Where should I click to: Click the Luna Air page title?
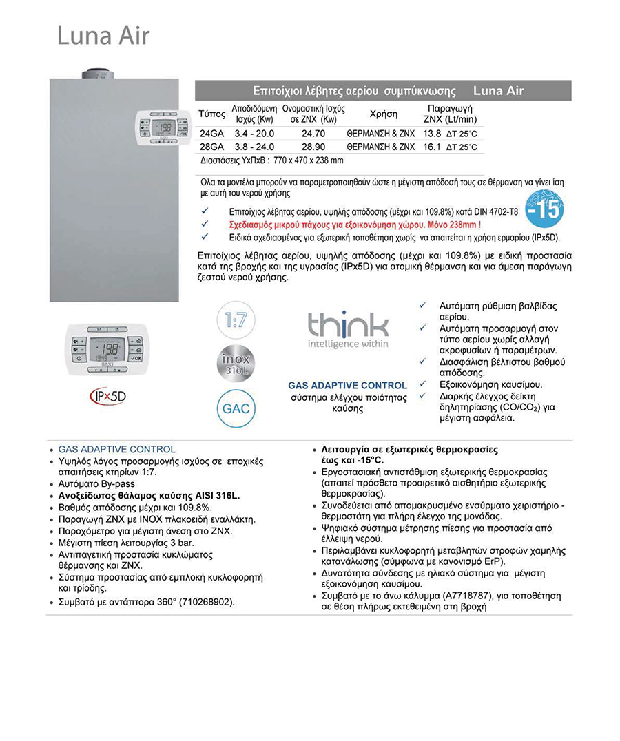pyautogui.click(x=103, y=36)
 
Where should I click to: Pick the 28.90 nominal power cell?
pyautogui.click(x=313, y=147)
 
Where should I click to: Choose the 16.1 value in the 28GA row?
pyautogui.click(x=431, y=147)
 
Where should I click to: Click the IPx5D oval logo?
pyautogui.click(x=108, y=397)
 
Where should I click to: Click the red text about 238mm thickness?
pyautogui.click(x=354, y=225)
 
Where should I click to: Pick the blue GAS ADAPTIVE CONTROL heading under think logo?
pyautogui.click(x=347, y=385)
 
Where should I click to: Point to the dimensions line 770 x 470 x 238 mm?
pyautogui.click(x=271, y=160)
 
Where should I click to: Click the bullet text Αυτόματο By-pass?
pyautogui.click(x=96, y=484)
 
